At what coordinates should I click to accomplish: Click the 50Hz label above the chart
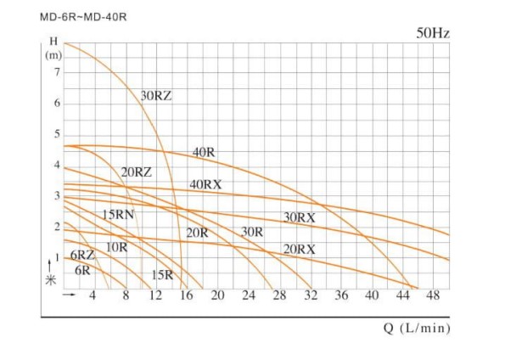[433, 34]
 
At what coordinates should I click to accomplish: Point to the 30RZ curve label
[156, 95]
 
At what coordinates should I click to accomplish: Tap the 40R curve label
[204, 153]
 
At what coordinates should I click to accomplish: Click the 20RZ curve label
[136, 172]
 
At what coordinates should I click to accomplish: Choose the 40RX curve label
[206, 185]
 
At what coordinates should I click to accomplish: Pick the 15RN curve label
[119, 215]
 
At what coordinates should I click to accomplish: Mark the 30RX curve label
[299, 218]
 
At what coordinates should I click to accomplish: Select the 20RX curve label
[299, 249]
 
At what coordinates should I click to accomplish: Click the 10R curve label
[117, 247]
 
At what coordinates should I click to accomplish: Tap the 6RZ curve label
[82, 256]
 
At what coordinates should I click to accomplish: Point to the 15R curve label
[162, 274]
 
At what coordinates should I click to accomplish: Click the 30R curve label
[252, 232]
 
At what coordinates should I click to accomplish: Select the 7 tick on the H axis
[56, 72]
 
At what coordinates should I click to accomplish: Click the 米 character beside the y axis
[51, 281]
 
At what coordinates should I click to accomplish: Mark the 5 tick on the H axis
[56, 134]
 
